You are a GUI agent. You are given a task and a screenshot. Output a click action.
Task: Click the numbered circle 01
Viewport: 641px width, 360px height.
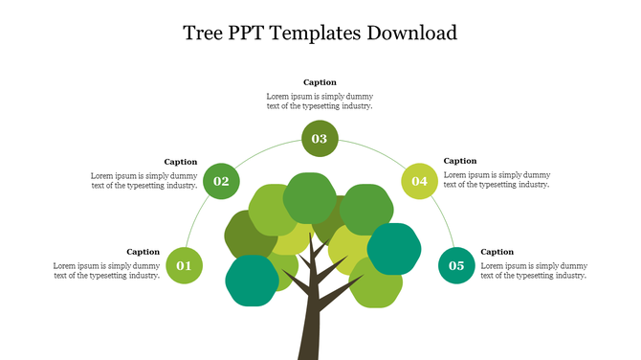[184, 265]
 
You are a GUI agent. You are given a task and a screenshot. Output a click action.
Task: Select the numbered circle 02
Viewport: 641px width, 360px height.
[221, 181]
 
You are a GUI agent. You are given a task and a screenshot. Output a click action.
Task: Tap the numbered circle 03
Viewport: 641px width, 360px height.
[319, 139]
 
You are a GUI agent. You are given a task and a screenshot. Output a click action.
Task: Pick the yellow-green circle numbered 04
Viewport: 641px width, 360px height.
[419, 181]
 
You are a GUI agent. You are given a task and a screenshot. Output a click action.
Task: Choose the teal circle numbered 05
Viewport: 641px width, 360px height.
[456, 265]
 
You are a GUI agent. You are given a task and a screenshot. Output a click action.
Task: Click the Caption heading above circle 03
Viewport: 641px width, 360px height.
[320, 82]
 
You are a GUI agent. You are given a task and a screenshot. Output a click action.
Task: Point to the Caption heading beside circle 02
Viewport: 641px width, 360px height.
[180, 162]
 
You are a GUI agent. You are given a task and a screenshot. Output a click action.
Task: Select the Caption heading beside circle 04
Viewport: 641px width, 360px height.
[460, 161]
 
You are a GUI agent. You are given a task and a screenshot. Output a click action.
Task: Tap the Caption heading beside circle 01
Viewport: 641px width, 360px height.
[143, 252]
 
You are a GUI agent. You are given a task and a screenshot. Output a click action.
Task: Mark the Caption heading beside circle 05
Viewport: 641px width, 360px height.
[497, 252]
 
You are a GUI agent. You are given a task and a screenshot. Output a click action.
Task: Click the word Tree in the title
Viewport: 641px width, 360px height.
[203, 34]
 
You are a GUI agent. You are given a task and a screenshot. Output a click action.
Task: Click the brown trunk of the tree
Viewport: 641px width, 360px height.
[312, 321]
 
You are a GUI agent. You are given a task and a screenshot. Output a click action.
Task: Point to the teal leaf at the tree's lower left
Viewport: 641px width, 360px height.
[253, 281]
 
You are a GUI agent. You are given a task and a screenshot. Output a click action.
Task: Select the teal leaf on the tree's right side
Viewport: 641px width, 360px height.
[394, 248]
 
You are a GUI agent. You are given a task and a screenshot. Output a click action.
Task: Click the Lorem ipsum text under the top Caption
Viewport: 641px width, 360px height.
[320, 101]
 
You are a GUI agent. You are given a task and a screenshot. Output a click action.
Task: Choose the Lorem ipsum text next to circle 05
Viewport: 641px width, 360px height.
[533, 270]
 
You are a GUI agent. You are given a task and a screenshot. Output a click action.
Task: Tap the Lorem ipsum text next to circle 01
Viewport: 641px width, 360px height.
[106, 270]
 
